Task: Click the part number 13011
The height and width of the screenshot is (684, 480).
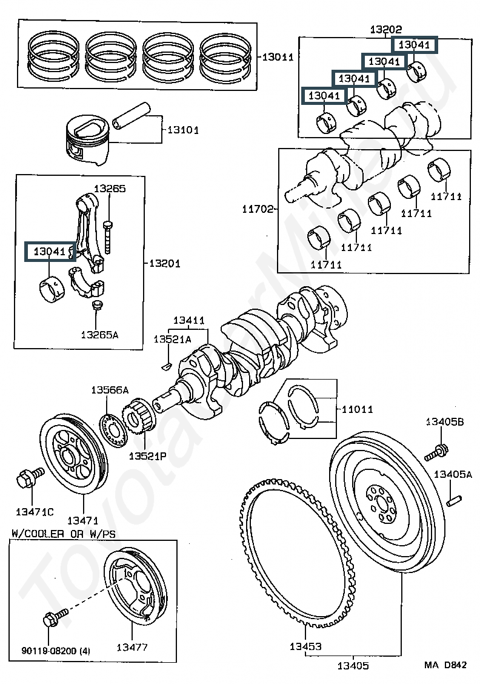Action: pyautogui.click(x=278, y=57)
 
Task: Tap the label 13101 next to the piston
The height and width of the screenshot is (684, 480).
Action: pyautogui.click(x=183, y=130)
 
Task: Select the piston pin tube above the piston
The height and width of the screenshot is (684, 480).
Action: pyautogui.click(x=130, y=116)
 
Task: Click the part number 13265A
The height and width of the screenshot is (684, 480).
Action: pyautogui.click(x=99, y=335)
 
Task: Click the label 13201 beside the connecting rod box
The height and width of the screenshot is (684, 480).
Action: pyautogui.click(x=164, y=263)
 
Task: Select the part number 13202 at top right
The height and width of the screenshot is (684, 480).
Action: pyautogui.click(x=386, y=29)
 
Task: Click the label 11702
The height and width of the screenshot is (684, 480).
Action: pyautogui.click(x=258, y=209)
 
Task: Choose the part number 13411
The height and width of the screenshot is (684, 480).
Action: pyautogui.click(x=188, y=320)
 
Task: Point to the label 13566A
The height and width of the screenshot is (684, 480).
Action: pyautogui.click(x=110, y=389)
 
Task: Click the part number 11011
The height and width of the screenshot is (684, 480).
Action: pyautogui.click(x=357, y=409)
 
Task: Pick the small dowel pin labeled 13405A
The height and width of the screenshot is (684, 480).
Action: pyautogui.click(x=454, y=501)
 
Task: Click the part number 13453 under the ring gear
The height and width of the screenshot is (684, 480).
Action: pyautogui.click(x=305, y=646)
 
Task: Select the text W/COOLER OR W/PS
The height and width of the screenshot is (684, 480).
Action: pyautogui.click(x=64, y=533)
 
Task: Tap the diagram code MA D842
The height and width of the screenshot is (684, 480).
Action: pyautogui.click(x=445, y=665)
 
